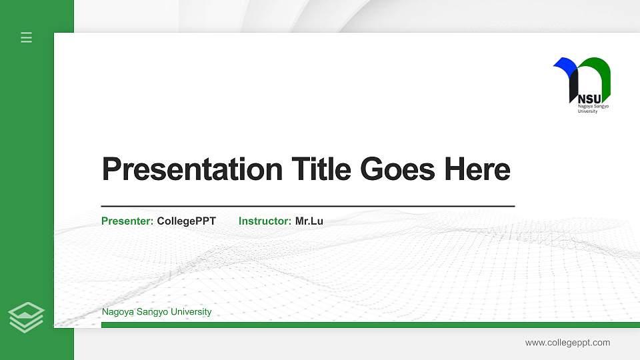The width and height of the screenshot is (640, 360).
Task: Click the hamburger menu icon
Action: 27,37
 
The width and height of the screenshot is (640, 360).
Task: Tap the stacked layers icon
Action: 27,317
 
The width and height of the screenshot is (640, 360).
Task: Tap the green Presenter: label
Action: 127,221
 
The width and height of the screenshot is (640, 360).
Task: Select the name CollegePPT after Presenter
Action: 186,221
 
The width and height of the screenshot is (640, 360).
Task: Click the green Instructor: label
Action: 265,221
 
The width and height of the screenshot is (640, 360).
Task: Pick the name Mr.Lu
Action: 309,221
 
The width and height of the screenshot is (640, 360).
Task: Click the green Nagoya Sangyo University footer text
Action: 157,311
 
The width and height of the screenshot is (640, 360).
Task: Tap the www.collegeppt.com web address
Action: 567,343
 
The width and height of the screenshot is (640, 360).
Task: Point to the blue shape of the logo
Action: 565,65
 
